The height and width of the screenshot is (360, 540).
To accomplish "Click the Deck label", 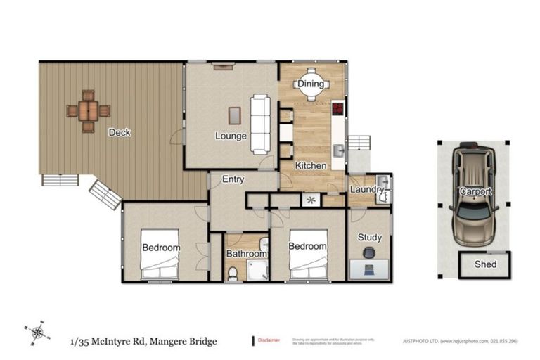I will (120, 132).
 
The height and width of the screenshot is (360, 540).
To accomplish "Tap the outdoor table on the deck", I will (89, 111).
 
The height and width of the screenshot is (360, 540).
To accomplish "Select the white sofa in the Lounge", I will (260, 124).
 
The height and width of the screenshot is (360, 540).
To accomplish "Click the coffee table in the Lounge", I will (234, 115).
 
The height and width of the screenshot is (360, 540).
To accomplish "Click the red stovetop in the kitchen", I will (338, 109).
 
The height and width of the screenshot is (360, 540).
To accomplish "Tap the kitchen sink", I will (338, 150).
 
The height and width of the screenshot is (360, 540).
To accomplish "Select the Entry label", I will (233, 180).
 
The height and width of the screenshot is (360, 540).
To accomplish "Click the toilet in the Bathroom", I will (233, 274).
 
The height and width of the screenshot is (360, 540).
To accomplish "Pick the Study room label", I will (370, 238).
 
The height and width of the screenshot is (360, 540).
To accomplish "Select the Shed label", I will (485, 265).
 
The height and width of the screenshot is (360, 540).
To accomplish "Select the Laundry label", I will (367, 190).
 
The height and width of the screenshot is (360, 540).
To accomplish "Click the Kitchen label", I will (310, 166).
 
